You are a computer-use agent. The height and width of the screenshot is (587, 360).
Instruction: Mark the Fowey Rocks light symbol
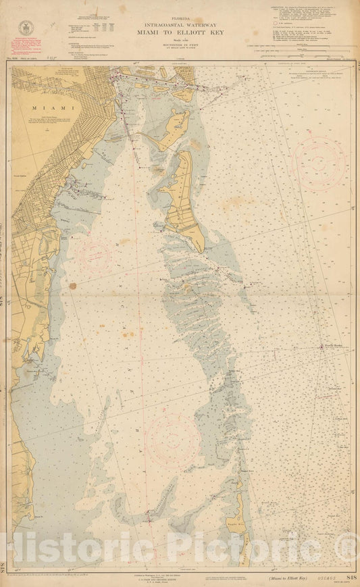(x=322, y=347)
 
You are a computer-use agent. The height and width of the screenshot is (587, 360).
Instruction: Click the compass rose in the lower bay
(x=174, y=440)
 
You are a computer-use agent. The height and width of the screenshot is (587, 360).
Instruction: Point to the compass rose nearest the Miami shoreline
(x=94, y=254)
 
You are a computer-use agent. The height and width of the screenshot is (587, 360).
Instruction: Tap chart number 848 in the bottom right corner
(x=349, y=578)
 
